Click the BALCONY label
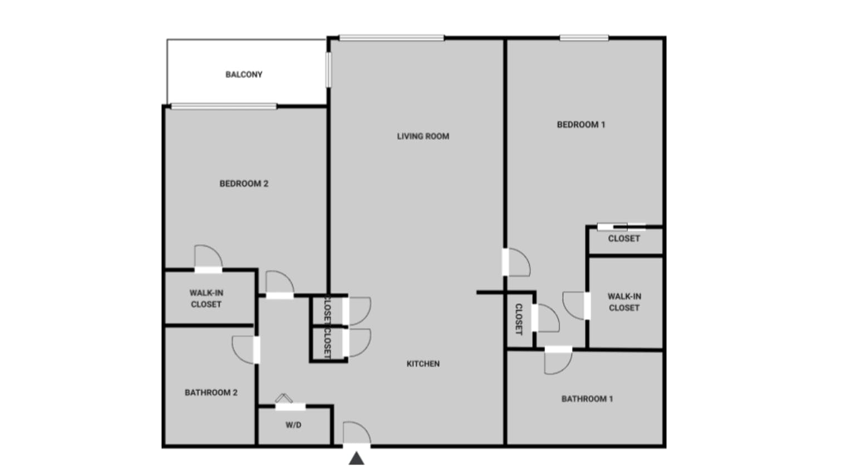point(244,75)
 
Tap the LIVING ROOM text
point(423,136)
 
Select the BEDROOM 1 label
point(581,125)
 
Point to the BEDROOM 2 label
point(244,184)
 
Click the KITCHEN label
point(423,364)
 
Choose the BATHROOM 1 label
point(587,399)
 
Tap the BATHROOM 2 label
point(211,393)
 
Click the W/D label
point(293,425)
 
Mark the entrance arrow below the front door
point(357,458)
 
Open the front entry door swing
point(357,433)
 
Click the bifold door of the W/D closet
point(284,398)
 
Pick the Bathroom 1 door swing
point(558,361)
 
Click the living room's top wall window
point(392,38)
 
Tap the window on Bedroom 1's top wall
point(584,38)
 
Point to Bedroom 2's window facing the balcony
point(224,106)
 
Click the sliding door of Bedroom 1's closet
point(622,227)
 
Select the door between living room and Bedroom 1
point(517,262)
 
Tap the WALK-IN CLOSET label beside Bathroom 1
point(624,302)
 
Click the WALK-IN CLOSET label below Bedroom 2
point(206,298)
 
